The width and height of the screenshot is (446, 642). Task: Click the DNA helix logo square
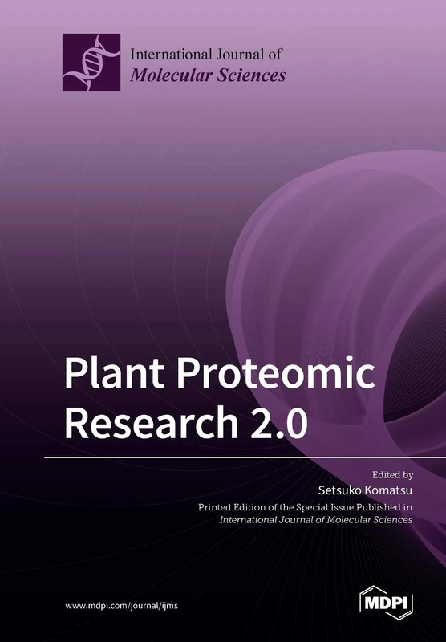tap(91, 63)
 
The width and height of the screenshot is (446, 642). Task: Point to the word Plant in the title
tap(122, 375)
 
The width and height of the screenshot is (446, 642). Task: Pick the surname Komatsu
tap(384, 490)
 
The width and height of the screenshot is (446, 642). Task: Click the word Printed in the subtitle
tap(218, 507)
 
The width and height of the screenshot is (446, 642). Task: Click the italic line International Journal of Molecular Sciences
tap(316, 520)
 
